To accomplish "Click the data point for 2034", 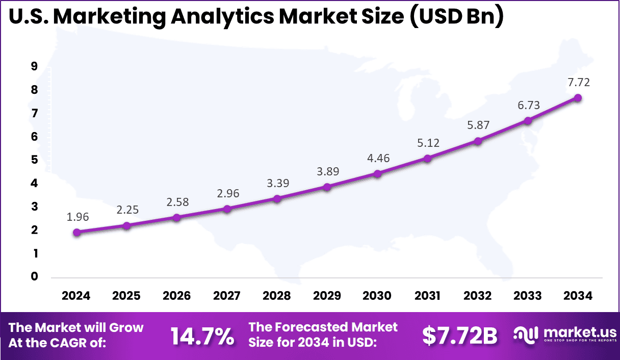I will [x=578, y=98].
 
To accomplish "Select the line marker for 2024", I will [x=76, y=233].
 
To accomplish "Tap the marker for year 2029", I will [x=327, y=187].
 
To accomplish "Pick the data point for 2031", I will [x=427, y=159].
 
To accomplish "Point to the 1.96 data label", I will [x=77, y=217].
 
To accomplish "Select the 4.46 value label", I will [x=378, y=158].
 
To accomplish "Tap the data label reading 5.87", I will [x=478, y=125].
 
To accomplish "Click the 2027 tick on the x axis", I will [x=227, y=296].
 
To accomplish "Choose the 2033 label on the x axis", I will [x=528, y=296].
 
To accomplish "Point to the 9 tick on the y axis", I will [x=35, y=66].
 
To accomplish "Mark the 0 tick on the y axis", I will [x=35, y=277].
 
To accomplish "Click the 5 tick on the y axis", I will [x=35, y=160].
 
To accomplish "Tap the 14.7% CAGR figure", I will [x=202, y=336].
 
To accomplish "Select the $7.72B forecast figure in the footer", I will [x=459, y=336].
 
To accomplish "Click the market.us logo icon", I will [x=525, y=335].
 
